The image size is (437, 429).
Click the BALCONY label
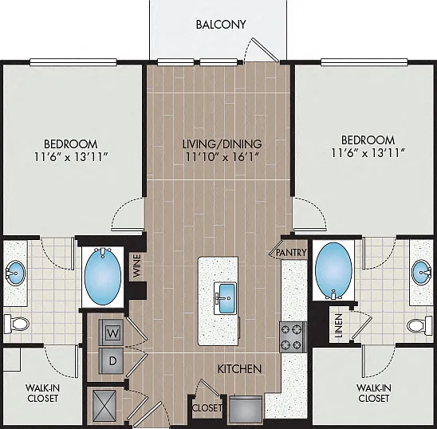click(x=221, y=25)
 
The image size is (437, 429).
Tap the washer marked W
click(x=111, y=333)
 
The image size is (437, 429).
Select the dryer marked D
click(x=111, y=360)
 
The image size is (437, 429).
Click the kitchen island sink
click(x=225, y=298)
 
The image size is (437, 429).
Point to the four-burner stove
click(x=293, y=337)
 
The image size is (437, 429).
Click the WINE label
click(x=137, y=266)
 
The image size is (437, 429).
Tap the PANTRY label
click(x=291, y=253)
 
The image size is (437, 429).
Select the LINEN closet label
click(x=338, y=325)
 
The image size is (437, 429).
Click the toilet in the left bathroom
click(x=17, y=324)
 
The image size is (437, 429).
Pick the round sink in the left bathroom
click(x=15, y=274)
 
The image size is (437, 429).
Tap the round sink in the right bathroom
click(x=422, y=273)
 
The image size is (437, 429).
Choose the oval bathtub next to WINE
click(x=103, y=275)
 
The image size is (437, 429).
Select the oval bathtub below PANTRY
click(x=333, y=270)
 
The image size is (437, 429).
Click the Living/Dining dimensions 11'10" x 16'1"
click(x=222, y=156)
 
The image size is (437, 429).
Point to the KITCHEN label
click(x=239, y=368)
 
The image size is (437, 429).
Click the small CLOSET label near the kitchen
click(x=207, y=408)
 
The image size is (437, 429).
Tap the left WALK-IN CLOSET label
click(x=42, y=393)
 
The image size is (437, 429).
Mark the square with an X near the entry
click(x=104, y=405)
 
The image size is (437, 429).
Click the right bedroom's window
click(x=364, y=62)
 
